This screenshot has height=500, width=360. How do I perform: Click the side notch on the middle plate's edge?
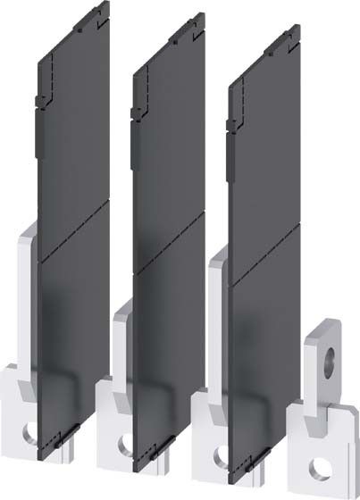click(x=134, y=112)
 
